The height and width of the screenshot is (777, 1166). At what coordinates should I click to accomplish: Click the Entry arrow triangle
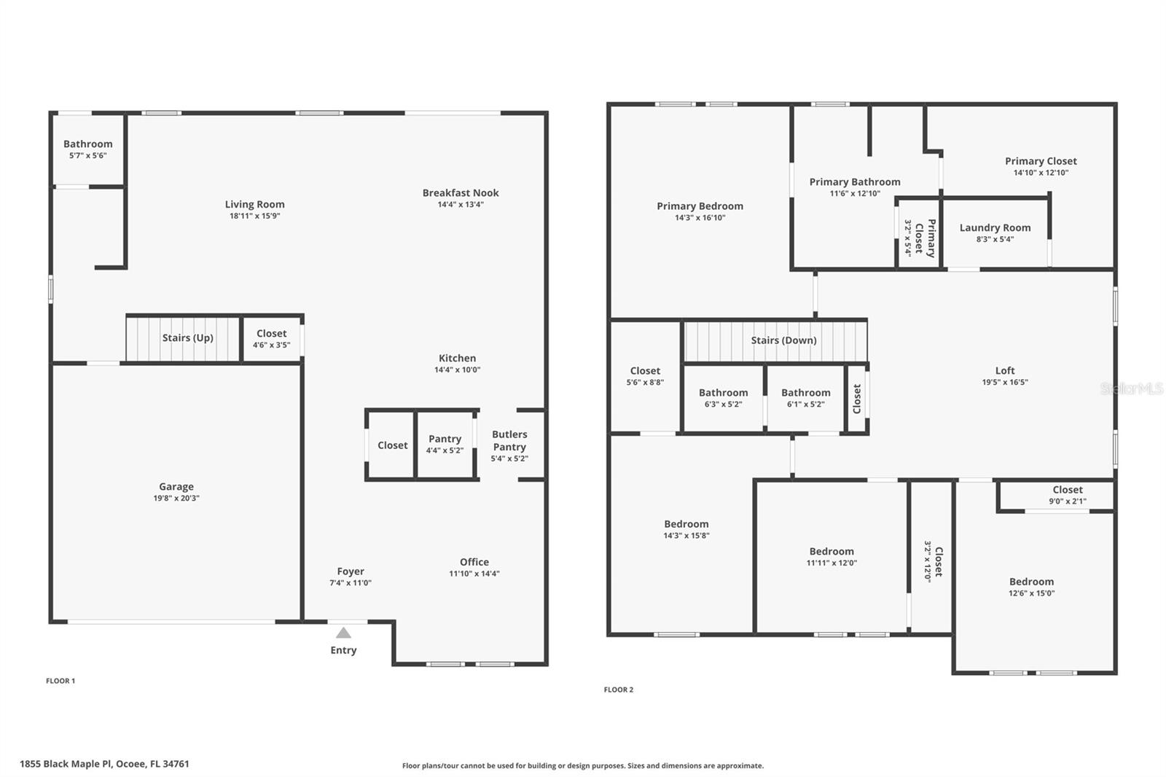[x=343, y=633]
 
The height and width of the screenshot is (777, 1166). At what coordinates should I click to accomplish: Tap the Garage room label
[x=176, y=487]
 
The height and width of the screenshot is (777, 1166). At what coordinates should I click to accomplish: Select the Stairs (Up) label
[x=188, y=338]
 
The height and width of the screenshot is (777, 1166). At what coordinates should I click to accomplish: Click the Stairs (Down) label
[x=783, y=340]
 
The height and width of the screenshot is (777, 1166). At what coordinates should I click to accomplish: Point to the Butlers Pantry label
[x=509, y=440]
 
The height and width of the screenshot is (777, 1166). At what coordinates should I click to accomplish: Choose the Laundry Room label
[x=995, y=228]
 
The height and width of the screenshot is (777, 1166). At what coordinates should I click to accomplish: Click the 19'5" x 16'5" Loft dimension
[x=1005, y=382]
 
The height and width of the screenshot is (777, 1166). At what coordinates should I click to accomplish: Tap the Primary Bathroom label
[x=855, y=182]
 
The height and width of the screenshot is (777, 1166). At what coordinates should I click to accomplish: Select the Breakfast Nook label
[x=461, y=193]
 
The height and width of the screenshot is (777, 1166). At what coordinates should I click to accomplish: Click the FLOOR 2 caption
[x=619, y=690]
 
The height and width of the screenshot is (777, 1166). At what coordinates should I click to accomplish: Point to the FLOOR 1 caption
[x=60, y=681]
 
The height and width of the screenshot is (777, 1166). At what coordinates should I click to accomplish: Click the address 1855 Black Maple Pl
[x=104, y=764]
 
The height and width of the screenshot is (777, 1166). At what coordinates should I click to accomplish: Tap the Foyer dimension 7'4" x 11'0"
[x=351, y=583]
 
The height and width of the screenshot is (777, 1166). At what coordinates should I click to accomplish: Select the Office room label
[x=474, y=562]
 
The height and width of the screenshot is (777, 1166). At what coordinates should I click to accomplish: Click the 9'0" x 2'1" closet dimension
[x=1068, y=501]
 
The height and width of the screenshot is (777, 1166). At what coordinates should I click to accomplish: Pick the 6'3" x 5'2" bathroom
[x=723, y=398]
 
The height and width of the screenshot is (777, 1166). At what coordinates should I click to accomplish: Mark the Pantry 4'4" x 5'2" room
[x=445, y=444]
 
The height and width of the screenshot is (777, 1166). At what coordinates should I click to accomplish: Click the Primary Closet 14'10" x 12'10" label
[x=1041, y=162]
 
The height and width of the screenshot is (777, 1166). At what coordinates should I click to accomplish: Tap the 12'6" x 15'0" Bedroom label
[x=1031, y=582]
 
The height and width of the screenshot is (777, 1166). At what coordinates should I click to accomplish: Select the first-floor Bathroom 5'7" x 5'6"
[x=88, y=149]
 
